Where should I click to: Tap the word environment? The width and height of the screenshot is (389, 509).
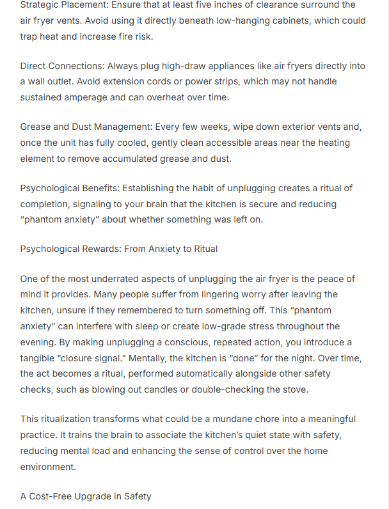(48, 466)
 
